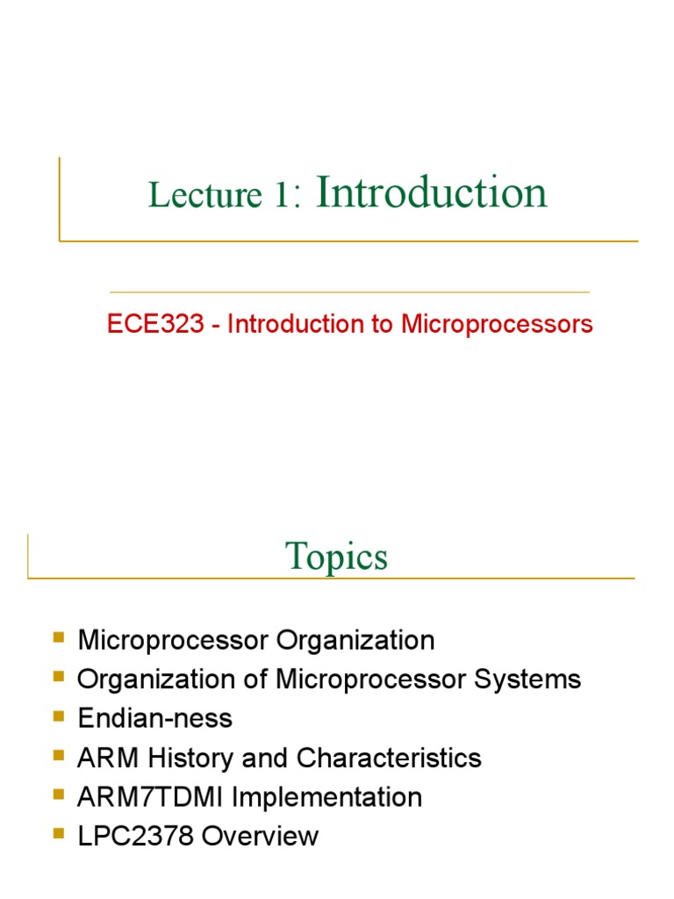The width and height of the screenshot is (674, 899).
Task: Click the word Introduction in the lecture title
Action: tap(431, 192)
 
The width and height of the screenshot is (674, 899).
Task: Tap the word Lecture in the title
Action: tap(205, 195)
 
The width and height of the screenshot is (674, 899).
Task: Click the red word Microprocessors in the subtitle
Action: tap(498, 324)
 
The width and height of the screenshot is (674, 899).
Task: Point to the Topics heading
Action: tap(336, 557)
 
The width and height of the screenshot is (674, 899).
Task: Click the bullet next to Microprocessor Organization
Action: tap(59, 636)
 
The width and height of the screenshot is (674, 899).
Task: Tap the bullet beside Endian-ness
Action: tap(59, 716)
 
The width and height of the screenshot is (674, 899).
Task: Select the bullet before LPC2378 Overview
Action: tap(59, 833)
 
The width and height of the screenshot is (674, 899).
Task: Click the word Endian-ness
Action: tap(154, 719)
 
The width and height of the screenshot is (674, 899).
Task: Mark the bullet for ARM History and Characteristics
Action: tap(59, 755)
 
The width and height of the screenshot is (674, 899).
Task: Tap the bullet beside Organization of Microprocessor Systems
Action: tap(59, 676)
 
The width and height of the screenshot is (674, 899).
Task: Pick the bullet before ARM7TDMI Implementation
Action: tap(59, 794)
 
